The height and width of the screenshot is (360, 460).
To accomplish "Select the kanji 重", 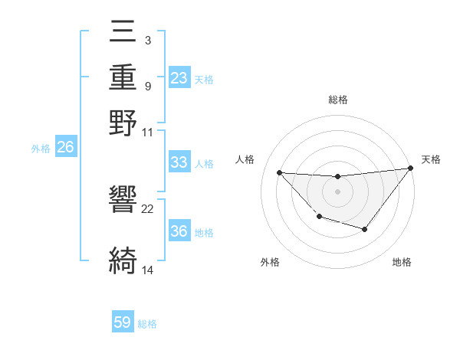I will point(123,77).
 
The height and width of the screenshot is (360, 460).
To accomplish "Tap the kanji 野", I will point(123,123).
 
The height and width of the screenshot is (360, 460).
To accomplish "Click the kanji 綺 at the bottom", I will point(123,260).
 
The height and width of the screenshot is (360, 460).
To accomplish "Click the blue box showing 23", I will point(179,78).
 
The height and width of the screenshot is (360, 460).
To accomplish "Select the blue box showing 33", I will point(179,162).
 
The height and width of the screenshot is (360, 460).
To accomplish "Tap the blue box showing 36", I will point(179,231).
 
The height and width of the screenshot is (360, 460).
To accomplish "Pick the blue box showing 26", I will point(66,148).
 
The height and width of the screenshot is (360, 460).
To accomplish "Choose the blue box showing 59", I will point(123,322).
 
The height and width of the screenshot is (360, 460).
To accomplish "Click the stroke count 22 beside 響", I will point(148,208).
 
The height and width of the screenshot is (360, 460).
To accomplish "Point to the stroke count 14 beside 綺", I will point(148,270).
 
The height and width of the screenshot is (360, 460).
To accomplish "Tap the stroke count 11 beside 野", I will point(148,132).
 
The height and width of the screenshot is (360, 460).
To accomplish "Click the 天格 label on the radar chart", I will point(431,159).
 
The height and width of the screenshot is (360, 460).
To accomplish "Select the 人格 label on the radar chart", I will point(245,159).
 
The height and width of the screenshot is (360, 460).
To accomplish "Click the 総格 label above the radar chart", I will point(337,100).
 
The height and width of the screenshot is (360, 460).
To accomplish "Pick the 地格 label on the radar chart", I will point(402,262).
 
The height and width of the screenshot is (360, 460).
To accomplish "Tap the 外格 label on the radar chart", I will point(270,262).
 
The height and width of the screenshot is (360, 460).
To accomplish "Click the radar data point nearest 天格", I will point(412,169).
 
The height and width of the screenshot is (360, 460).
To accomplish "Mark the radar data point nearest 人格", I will point(279,172).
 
